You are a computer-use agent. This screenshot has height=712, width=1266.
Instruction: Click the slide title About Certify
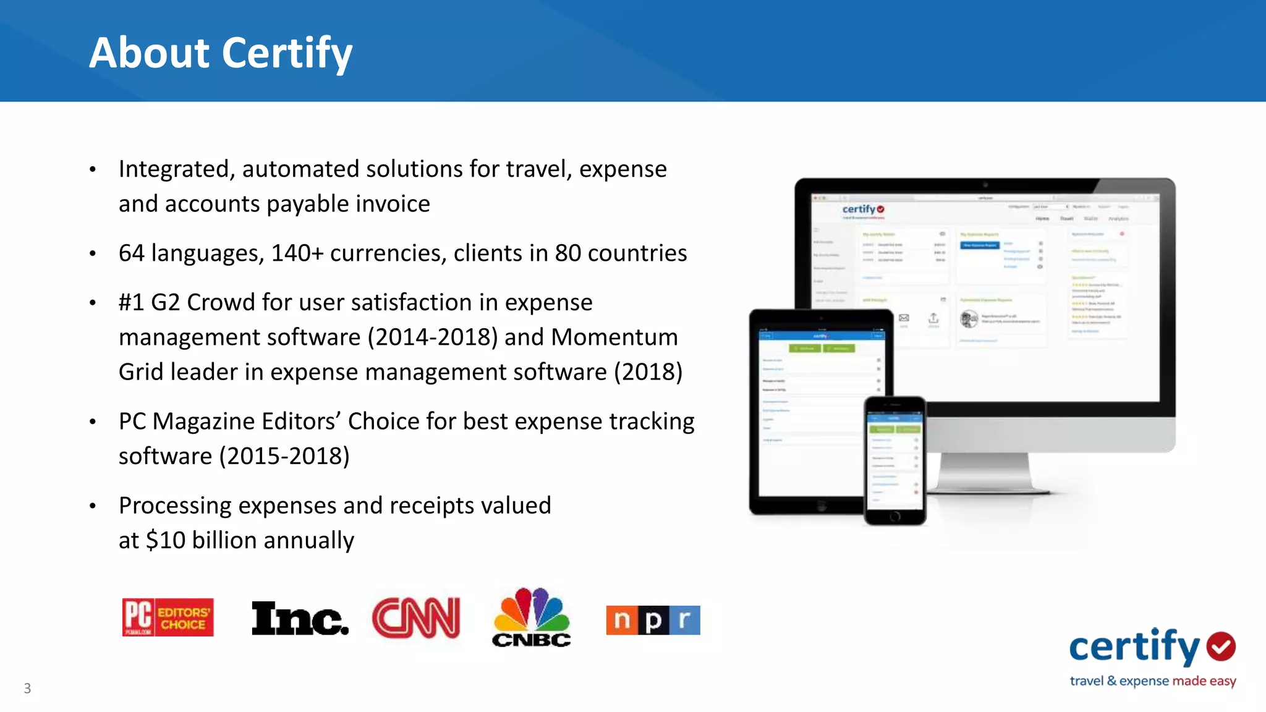(x=221, y=53)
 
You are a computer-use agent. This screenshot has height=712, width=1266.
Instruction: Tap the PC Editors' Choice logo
(x=168, y=617)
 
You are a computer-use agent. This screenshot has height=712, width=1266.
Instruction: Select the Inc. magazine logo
(x=300, y=618)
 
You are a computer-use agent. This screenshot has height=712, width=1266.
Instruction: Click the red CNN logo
(x=416, y=617)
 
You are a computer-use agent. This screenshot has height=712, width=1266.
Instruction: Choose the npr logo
(x=653, y=620)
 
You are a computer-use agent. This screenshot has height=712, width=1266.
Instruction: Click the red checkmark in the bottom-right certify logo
(x=1221, y=646)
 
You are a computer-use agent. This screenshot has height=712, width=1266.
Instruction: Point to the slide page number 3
(x=27, y=688)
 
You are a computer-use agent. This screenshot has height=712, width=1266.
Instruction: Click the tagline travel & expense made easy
(x=1152, y=681)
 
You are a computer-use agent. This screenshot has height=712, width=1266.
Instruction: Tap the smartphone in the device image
(x=894, y=460)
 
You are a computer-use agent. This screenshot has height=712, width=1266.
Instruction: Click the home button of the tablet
(x=822, y=506)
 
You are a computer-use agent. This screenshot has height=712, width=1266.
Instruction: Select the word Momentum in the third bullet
(x=614, y=337)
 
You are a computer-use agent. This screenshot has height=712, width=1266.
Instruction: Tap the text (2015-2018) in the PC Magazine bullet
(x=284, y=456)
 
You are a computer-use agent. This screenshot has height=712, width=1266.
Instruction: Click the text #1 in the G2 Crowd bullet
(x=131, y=303)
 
